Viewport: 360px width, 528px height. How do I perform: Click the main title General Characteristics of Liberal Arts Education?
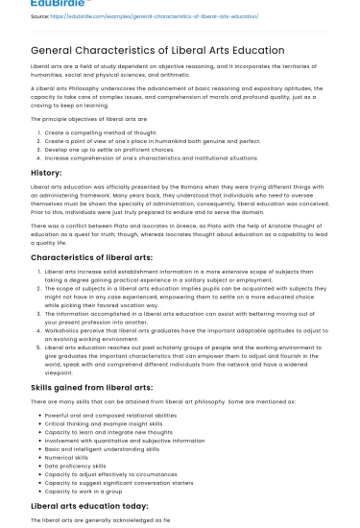pos(157,50)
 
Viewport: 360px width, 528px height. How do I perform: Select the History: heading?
pos(46,172)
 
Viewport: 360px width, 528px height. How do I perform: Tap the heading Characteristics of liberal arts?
pos(92,257)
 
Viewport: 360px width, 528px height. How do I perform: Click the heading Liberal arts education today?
pos(90,505)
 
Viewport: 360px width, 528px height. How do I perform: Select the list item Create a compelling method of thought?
pos(99,132)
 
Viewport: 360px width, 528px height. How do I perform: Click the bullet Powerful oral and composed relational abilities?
pos(110,415)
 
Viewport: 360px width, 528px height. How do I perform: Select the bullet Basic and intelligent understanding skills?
pos(102,449)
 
